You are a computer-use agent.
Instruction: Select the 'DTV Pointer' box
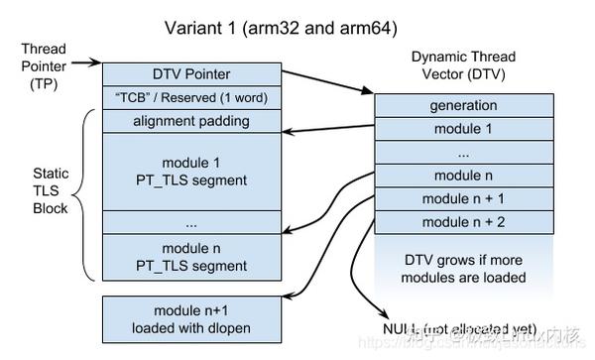(190, 72)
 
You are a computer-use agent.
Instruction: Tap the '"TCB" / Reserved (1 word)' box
(190, 97)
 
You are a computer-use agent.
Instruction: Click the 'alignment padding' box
(190, 121)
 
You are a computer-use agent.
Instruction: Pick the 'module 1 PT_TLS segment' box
(190, 171)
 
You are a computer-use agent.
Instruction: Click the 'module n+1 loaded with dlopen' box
(190, 317)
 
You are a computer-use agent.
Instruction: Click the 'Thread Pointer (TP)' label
(45, 63)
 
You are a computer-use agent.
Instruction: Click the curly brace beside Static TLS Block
(87, 194)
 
